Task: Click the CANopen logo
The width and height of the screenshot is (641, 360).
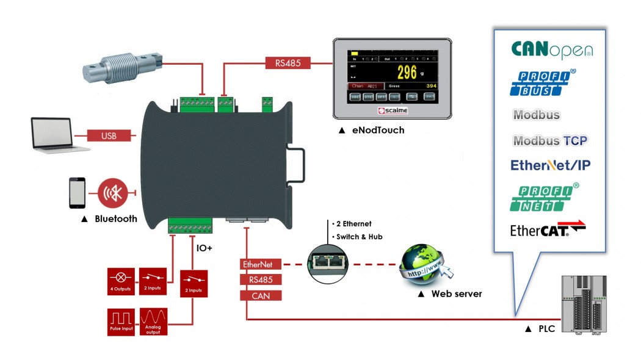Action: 551,49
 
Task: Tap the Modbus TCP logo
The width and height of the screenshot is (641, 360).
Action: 549,141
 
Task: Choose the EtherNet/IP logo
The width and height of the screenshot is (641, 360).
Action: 550,165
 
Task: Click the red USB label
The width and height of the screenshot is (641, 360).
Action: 109,135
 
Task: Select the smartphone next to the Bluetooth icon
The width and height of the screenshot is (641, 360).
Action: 77,192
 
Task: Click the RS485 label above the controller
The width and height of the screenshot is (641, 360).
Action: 288,62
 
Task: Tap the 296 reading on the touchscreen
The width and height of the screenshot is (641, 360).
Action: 407,73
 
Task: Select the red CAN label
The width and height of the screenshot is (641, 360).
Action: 261,296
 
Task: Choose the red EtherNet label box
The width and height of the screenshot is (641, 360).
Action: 261,265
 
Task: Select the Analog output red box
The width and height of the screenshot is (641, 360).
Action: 153,322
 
